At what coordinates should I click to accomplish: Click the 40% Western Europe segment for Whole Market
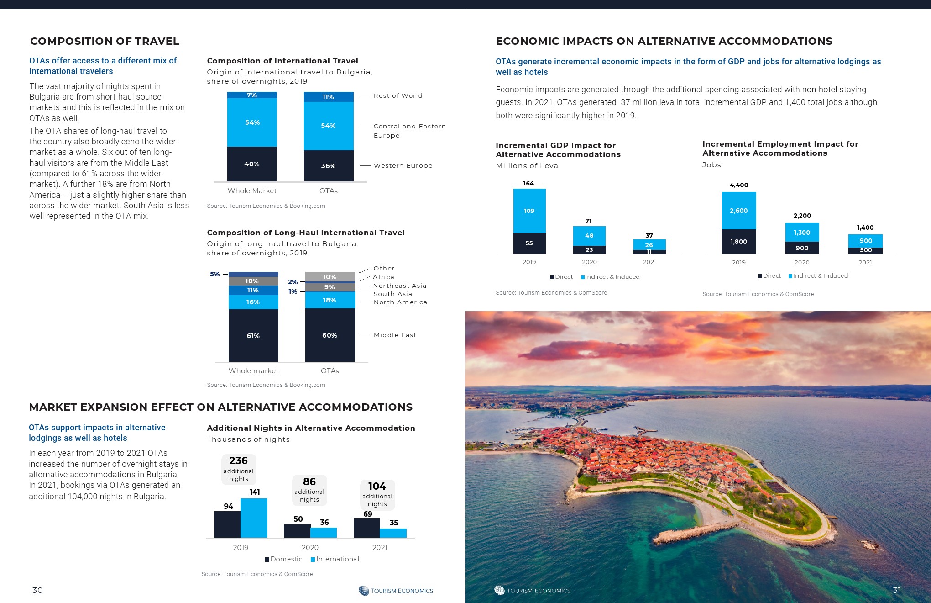tap(252, 164)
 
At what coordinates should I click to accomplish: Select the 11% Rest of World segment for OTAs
tap(329, 97)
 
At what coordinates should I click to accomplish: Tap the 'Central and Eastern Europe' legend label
tap(409, 131)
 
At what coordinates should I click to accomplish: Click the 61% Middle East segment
tap(253, 336)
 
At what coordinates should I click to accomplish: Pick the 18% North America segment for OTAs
tap(330, 300)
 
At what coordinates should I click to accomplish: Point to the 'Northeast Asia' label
tap(399, 286)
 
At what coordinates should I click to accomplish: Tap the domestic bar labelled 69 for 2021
tap(366, 528)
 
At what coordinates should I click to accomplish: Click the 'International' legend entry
tap(337, 559)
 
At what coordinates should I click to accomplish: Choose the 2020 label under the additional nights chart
tap(310, 547)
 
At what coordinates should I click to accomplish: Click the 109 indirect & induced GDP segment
tap(529, 211)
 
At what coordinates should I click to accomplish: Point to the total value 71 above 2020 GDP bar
tap(588, 221)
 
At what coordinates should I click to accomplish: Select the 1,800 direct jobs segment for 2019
tap(738, 242)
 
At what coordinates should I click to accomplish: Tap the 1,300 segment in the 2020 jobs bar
tap(802, 233)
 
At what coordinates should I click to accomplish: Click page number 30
tap(37, 590)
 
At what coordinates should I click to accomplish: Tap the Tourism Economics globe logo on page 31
tap(499, 590)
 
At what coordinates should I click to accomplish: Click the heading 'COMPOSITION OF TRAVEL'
tap(105, 41)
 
